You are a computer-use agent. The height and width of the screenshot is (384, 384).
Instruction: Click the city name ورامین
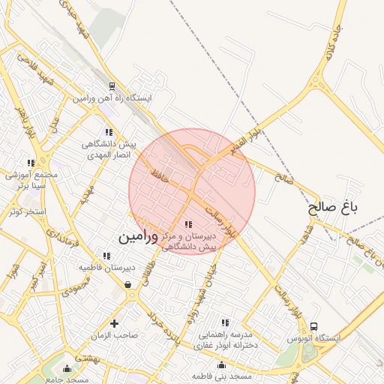139,236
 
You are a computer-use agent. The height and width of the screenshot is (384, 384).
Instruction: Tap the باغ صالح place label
334,207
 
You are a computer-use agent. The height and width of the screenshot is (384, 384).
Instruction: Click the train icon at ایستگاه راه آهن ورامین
112,87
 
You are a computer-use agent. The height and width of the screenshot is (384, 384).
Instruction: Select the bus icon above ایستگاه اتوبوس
313,327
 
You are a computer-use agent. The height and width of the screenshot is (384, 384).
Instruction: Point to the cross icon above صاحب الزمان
114,323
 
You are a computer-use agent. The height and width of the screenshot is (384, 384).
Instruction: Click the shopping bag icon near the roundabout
127,284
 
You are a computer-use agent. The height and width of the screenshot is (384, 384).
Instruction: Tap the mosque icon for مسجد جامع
68,368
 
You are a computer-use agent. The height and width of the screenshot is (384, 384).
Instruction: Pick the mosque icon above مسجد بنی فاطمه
220,365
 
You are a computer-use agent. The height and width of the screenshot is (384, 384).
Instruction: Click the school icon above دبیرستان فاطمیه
106,256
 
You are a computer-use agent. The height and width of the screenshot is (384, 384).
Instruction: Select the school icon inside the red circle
187,224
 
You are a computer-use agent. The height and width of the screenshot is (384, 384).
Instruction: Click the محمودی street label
76,286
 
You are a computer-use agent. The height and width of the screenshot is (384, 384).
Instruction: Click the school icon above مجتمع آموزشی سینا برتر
31,162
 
